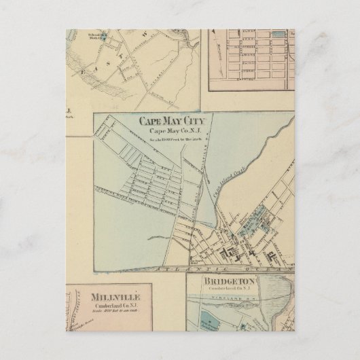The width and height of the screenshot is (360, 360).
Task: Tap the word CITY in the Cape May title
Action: click(x=198, y=122)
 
